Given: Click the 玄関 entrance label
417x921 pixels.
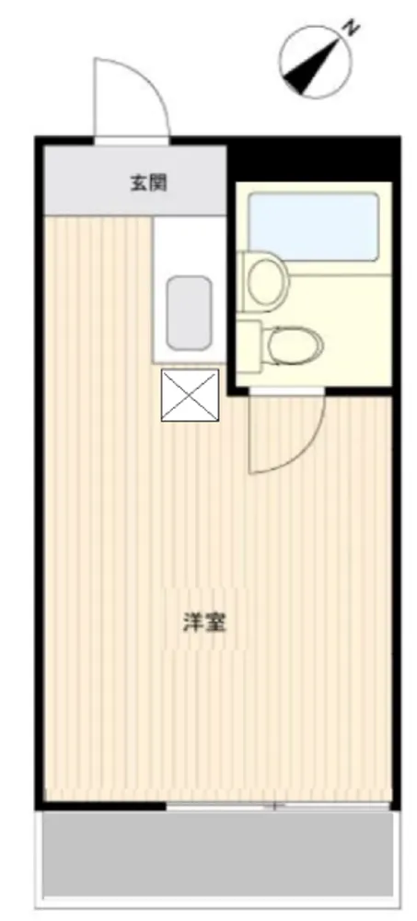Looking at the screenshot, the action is (x=149, y=182).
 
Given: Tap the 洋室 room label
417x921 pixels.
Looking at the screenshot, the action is (x=204, y=623).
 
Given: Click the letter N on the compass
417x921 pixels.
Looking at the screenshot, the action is (x=352, y=29).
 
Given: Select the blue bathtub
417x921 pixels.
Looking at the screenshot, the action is (x=313, y=227).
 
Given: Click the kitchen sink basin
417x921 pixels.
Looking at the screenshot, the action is (x=189, y=313).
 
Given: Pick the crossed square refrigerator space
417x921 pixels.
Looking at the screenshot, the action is (x=190, y=395).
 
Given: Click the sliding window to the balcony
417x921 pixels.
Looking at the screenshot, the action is (x=278, y=806).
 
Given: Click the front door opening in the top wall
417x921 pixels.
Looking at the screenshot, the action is (x=132, y=141).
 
